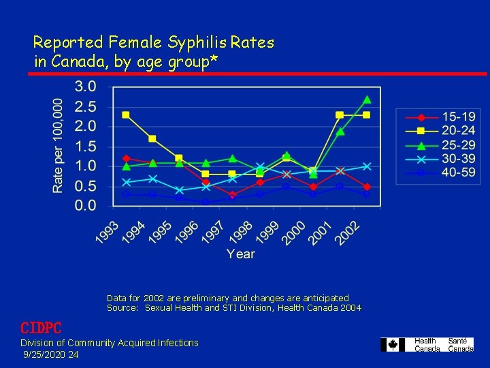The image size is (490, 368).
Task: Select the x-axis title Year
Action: pyautogui.click(x=240, y=254)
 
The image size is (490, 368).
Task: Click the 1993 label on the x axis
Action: pyautogui.click(x=106, y=232)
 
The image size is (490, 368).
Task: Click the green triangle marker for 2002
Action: pyautogui.click(x=367, y=99)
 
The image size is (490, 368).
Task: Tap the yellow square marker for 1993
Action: pyautogui.click(x=126, y=114)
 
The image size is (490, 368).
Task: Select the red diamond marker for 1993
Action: pyautogui.click(x=126, y=158)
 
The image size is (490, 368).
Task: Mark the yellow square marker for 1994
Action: pyautogui.click(x=152, y=138)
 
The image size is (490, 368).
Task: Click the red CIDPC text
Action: pyautogui.click(x=41, y=328)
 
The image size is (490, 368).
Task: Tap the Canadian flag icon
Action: pyautogui.click(x=392, y=345)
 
